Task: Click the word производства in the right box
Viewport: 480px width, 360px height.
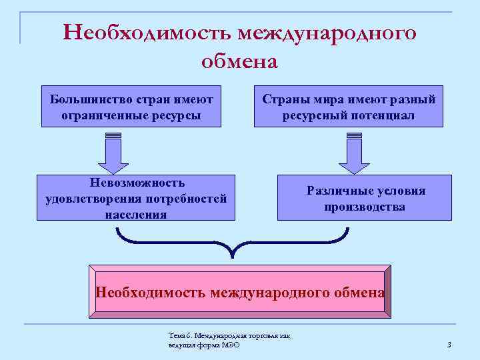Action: (x=365, y=207)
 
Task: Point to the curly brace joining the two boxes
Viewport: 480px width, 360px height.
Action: (x=233, y=243)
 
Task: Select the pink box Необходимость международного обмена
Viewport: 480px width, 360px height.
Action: (x=240, y=291)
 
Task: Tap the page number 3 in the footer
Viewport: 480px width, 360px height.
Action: (x=449, y=345)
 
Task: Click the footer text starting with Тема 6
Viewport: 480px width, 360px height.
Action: (x=230, y=340)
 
